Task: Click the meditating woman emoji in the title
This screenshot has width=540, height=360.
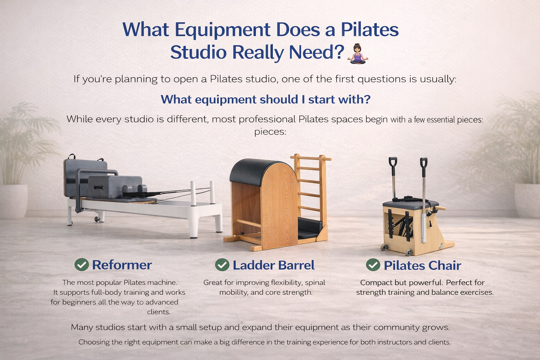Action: [x=358, y=54]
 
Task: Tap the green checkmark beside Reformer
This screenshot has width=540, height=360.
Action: [x=82, y=265]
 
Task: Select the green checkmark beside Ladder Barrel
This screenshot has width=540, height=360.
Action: [x=222, y=265]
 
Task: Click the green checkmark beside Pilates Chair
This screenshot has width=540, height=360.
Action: [x=373, y=265]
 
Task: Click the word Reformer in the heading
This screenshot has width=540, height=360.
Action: [x=122, y=265]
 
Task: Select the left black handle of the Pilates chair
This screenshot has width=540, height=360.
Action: [x=393, y=164]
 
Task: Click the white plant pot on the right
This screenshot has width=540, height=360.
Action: [x=527, y=200]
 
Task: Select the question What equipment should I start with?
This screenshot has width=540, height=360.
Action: [x=265, y=99]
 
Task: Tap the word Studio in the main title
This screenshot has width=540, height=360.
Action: [x=198, y=52]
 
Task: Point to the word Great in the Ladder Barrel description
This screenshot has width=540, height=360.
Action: [x=213, y=283]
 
